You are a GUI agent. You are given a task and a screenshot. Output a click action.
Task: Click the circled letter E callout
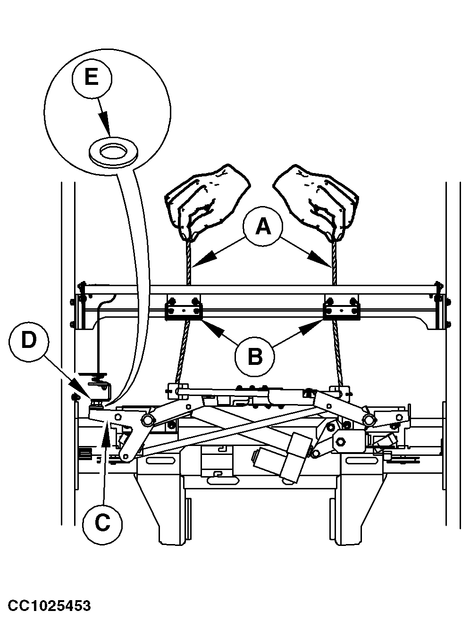click(92, 77)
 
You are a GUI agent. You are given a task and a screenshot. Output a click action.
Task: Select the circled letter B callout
click(255, 356)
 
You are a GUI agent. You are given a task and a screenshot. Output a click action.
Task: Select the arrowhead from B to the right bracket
click(315, 326)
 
